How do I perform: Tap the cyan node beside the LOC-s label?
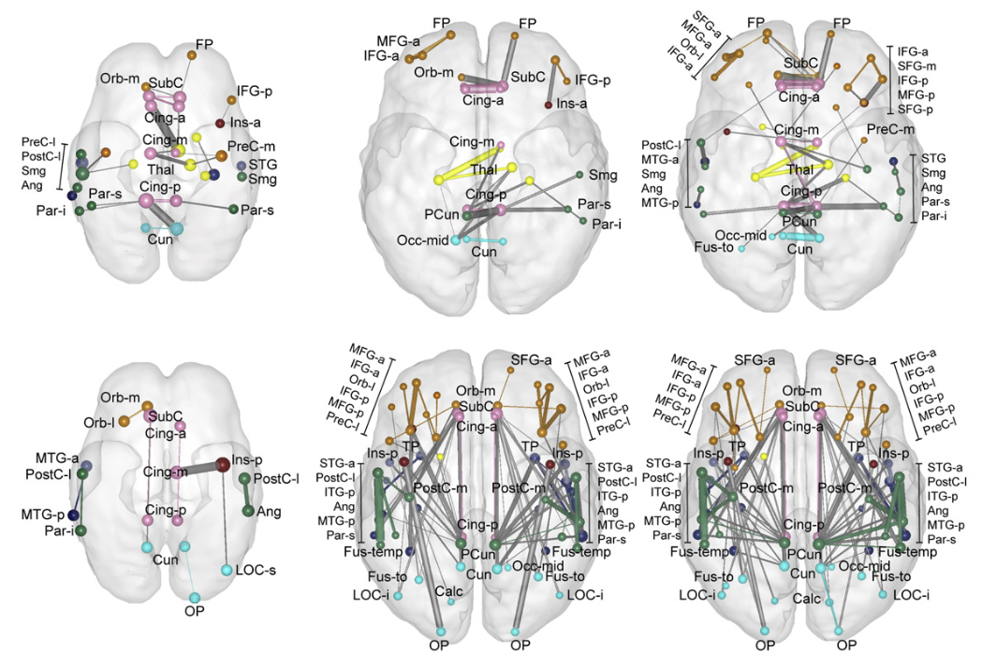coord(227,569)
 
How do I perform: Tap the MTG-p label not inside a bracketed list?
coord(56,515)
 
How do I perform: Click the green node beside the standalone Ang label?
coord(251,511)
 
